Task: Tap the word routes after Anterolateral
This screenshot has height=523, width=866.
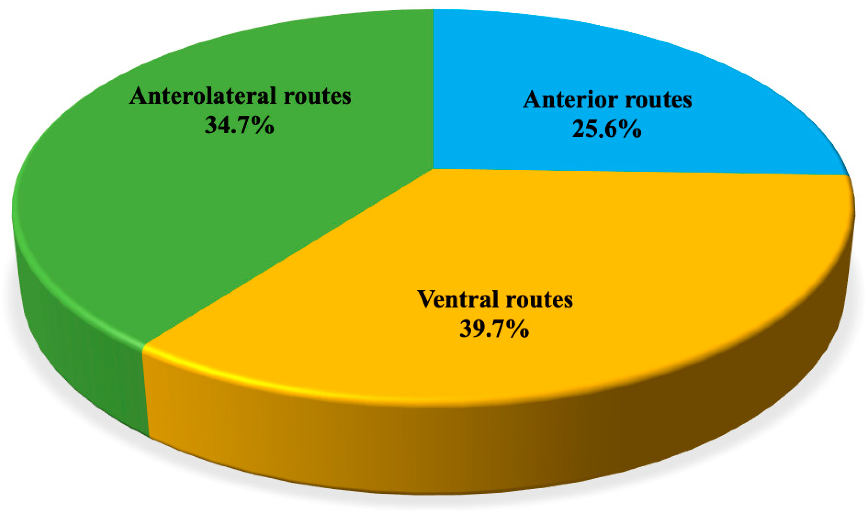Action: click(317, 96)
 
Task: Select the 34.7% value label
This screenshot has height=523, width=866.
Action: click(239, 125)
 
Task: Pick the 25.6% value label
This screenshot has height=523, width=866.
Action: click(607, 129)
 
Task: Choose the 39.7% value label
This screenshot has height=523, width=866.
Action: click(494, 329)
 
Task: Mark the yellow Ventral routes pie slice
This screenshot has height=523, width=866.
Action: click(597, 246)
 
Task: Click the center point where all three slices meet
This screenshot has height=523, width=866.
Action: click(433, 169)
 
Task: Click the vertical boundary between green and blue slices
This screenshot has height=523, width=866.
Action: click(433, 88)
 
